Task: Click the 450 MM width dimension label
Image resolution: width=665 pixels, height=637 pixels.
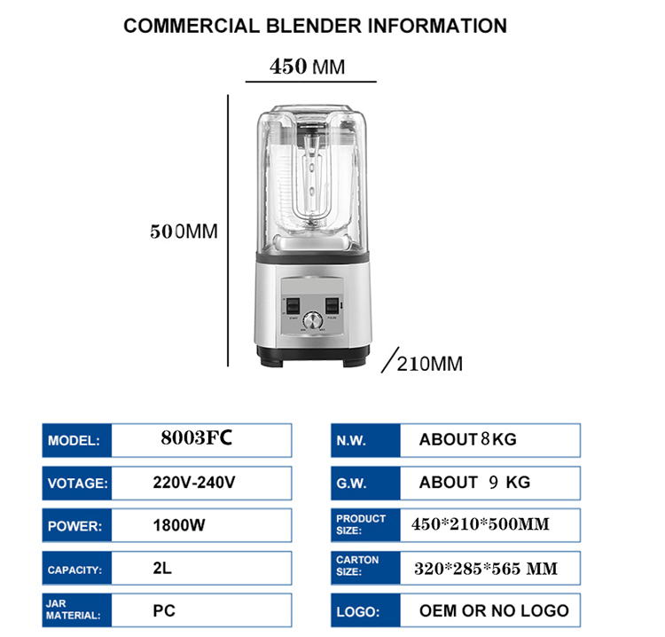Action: pyautogui.click(x=307, y=67)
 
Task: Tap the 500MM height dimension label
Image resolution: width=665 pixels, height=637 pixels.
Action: pyautogui.click(x=183, y=232)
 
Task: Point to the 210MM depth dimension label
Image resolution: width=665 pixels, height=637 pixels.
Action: pyautogui.click(x=429, y=364)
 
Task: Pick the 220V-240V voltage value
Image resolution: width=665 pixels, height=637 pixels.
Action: pyautogui.click(x=194, y=483)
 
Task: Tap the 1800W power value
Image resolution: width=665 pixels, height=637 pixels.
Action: pyautogui.click(x=179, y=525)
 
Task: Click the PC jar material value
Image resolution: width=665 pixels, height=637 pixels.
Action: pyautogui.click(x=163, y=610)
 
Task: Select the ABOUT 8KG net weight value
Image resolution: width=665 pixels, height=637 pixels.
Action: pyautogui.click(x=467, y=439)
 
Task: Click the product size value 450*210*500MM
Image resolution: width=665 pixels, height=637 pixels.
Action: pyautogui.click(x=481, y=524)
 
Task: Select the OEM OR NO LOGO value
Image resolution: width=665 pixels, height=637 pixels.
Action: pyautogui.click(x=494, y=610)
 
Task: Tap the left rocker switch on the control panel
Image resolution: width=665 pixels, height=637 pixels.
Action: pyautogui.click(x=289, y=305)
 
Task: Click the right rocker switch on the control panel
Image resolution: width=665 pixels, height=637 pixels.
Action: pyautogui.click(x=333, y=305)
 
